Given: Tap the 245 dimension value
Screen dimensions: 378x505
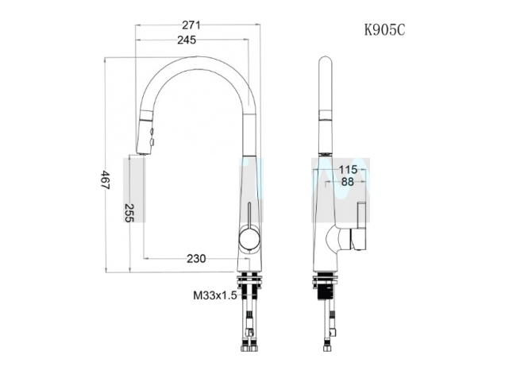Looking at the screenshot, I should click(x=187, y=40).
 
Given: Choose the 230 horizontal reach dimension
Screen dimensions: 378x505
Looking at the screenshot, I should click(x=195, y=258).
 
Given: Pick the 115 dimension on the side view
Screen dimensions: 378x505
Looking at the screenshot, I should click(x=347, y=168).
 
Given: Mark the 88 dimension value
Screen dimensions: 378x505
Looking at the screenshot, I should click(x=347, y=182).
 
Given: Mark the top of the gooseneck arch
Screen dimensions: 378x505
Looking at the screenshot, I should click(x=197, y=60).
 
